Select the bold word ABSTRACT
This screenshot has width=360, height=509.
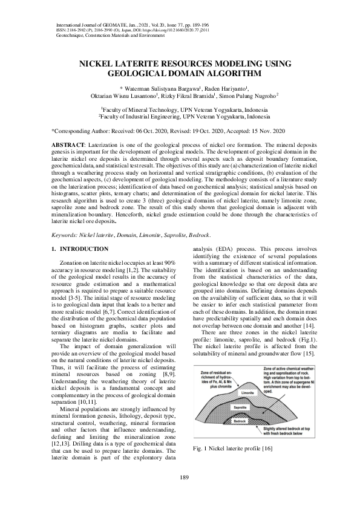[67, 146]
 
